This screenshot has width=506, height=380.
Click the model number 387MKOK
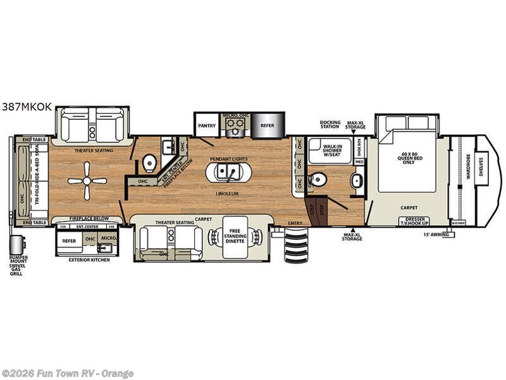click(27, 108)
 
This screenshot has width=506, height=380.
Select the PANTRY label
click(207, 126)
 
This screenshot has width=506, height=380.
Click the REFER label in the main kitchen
click(268, 126)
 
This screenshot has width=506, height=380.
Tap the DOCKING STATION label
click(330, 125)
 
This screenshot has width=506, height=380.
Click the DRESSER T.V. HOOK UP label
click(415, 221)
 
